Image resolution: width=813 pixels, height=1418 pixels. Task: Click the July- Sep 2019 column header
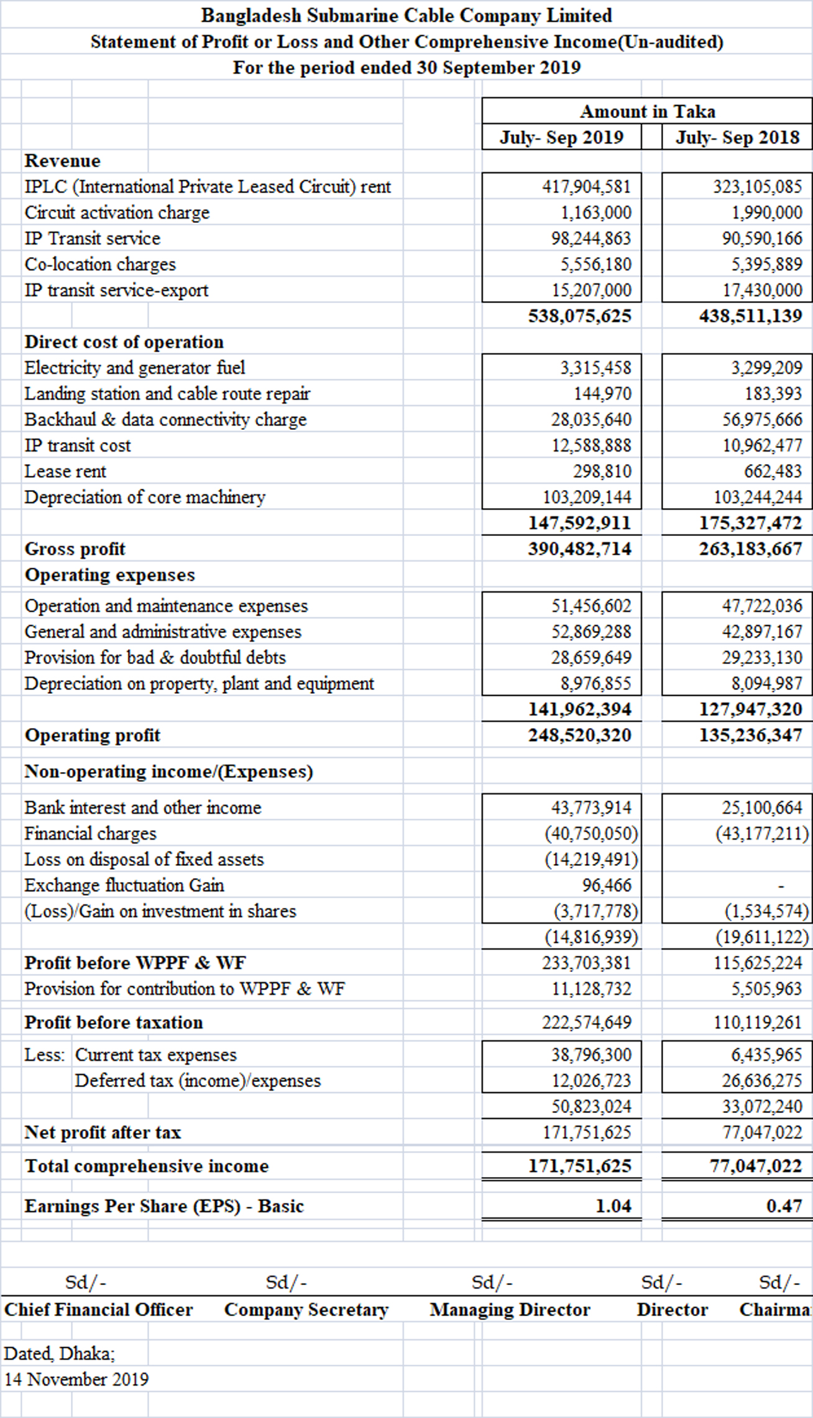(x=561, y=137)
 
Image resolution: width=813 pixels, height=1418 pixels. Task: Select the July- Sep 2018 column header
(x=737, y=137)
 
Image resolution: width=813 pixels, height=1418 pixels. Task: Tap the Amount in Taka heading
(x=647, y=112)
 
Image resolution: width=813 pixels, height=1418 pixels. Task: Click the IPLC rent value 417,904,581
(x=586, y=187)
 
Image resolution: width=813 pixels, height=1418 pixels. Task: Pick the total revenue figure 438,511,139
(x=750, y=316)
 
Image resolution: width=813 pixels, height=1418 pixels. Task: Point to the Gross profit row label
(x=75, y=549)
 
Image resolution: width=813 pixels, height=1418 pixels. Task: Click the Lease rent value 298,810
(x=602, y=471)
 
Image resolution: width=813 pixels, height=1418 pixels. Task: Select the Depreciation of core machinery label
(x=145, y=498)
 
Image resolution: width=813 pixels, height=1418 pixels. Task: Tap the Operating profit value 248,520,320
(x=579, y=735)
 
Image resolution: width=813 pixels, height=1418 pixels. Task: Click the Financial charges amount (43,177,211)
(x=762, y=834)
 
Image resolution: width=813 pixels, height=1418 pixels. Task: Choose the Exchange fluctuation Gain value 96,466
(x=607, y=885)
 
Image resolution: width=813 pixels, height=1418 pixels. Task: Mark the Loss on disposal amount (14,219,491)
(x=591, y=860)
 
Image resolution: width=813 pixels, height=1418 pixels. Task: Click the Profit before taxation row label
(x=114, y=1022)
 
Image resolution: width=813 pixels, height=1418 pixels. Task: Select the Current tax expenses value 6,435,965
(x=766, y=1055)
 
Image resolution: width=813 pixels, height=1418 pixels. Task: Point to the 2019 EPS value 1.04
(x=613, y=1206)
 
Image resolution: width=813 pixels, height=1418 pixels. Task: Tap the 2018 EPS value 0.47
(x=784, y=1206)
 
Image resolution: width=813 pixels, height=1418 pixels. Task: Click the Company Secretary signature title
(x=306, y=1310)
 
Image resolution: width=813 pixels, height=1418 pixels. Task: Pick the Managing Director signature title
(x=510, y=1310)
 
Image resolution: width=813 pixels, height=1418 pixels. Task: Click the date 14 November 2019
(x=76, y=1379)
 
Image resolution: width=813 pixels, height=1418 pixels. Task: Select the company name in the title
(x=406, y=16)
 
